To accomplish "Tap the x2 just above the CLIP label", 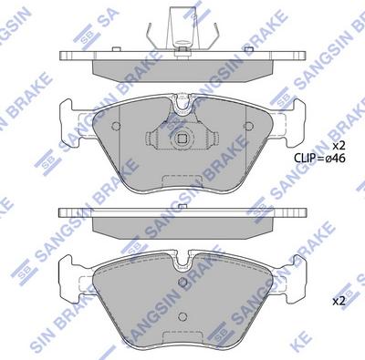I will (338, 145).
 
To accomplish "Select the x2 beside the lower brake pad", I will (338, 301).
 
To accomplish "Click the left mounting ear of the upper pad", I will (68, 117).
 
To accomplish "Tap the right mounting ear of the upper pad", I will (296, 117).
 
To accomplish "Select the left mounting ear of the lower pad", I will (68, 272).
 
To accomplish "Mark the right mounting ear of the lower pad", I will (296, 272).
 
